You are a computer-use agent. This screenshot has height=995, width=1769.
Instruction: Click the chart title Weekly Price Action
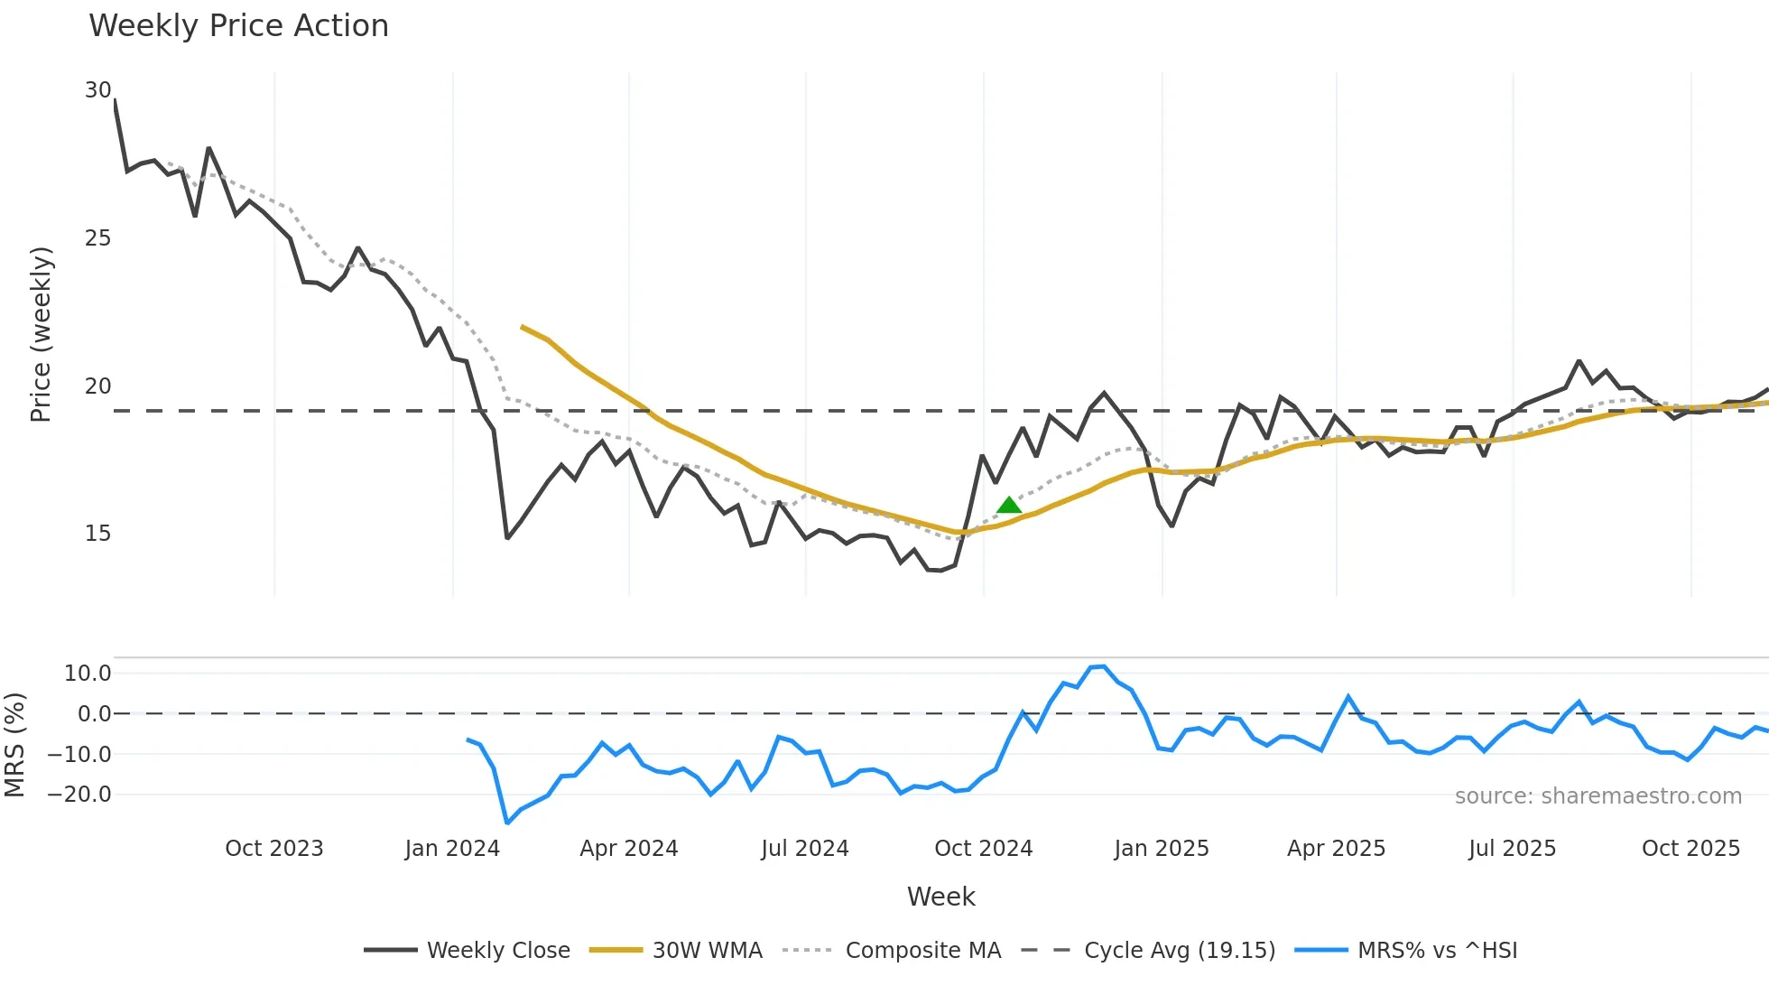(x=238, y=26)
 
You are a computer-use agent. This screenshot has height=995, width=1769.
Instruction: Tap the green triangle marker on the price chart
(x=1009, y=505)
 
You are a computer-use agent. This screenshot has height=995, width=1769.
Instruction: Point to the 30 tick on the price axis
(x=97, y=90)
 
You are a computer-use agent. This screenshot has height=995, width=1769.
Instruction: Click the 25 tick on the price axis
(x=97, y=238)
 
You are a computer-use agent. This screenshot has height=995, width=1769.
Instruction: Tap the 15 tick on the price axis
(x=97, y=534)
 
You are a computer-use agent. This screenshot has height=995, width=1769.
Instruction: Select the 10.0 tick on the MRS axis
(x=88, y=674)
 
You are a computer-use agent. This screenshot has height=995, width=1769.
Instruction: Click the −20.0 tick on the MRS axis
(x=79, y=795)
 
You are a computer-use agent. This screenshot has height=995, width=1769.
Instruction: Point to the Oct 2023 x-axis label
(x=274, y=849)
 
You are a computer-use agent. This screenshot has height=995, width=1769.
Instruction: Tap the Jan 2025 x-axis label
(x=1162, y=849)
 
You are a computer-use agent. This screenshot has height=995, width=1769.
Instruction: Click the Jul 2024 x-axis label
(x=805, y=849)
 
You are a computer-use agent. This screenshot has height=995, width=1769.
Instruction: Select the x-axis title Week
(x=941, y=897)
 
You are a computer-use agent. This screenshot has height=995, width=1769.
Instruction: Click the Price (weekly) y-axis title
(x=42, y=334)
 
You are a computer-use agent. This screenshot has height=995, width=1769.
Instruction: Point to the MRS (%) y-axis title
(x=14, y=745)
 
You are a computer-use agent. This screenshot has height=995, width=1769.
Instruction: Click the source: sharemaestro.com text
(x=1598, y=796)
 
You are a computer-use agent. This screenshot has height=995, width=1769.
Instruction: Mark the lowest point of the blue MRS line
(x=507, y=823)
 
